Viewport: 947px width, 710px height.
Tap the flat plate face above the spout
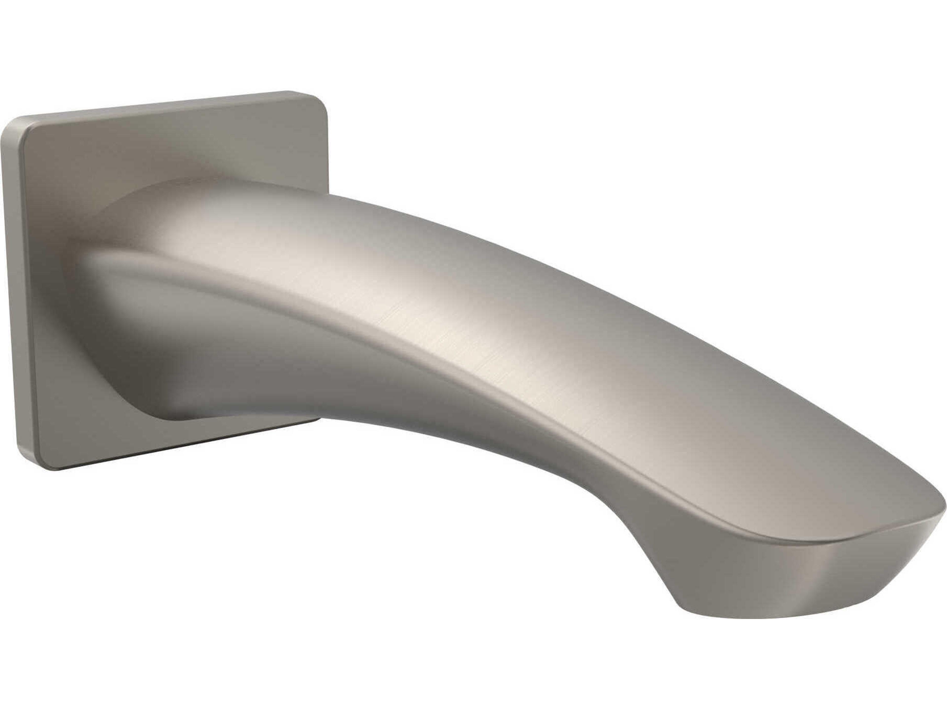[193, 150]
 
